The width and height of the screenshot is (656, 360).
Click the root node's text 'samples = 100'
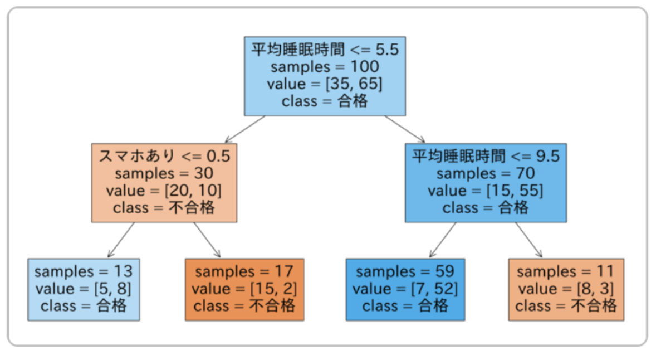pos(325,67)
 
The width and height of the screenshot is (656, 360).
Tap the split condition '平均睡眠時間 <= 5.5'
pos(325,50)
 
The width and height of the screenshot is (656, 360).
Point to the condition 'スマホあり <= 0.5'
pos(164,156)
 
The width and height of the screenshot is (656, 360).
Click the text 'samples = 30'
pos(164,173)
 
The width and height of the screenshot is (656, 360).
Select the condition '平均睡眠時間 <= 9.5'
pos(486,156)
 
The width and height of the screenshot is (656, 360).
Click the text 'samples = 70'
pos(486,173)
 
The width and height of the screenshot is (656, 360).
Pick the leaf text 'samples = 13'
pos(84,272)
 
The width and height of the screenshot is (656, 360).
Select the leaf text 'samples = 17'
pos(244,272)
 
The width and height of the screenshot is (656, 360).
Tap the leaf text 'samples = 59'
pos(405,272)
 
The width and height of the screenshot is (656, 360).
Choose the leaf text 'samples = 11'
pos(566,272)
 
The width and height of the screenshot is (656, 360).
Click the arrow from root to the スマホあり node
pos(244,129)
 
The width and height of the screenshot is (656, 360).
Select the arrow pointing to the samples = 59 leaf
pos(443,240)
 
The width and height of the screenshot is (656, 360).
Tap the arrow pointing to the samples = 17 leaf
pos(207,240)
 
